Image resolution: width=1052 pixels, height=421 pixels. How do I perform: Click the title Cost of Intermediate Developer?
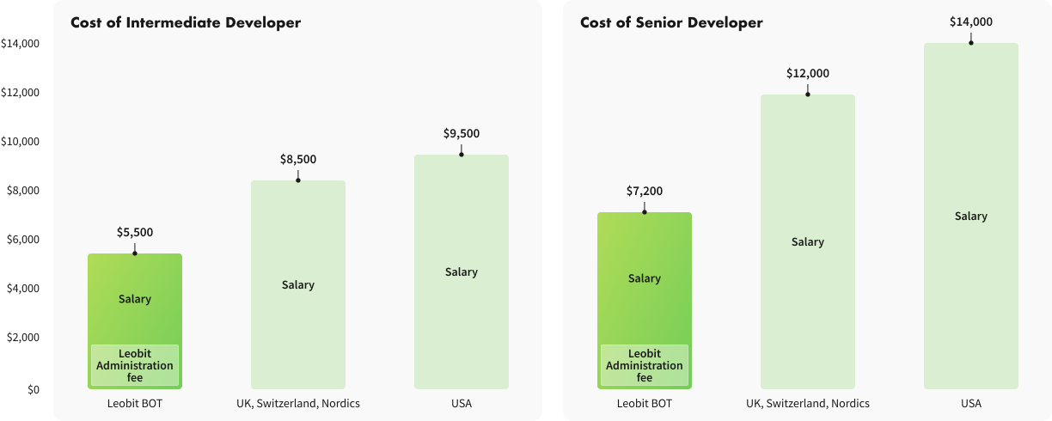pyautogui.click(x=186, y=23)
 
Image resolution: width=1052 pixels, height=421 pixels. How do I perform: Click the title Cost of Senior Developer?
pyautogui.click(x=671, y=23)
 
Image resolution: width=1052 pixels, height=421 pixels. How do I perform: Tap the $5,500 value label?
pyautogui.click(x=135, y=232)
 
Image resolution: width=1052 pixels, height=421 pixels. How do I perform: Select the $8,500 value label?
pyautogui.click(x=298, y=159)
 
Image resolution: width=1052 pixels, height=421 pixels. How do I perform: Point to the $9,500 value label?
pyautogui.click(x=462, y=133)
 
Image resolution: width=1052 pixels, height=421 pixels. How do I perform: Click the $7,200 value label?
pyautogui.click(x=645, y=191)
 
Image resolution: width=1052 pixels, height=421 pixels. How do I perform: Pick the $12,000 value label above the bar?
pyautogui.click(x=808, y=74)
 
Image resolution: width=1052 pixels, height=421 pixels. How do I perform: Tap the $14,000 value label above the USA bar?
pyautogui.click(x=971, y=22)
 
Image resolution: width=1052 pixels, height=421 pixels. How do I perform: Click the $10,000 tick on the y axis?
pyautogui.click(x=20, y=142)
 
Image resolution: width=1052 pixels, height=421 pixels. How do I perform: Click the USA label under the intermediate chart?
pyautogui.click(x=462, y=404)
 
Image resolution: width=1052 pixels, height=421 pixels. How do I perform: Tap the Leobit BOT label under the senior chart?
pyautogui.click(x=645, y=404)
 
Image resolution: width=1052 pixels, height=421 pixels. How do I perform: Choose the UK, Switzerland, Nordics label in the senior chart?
pyautogui.click(x=808, y=404)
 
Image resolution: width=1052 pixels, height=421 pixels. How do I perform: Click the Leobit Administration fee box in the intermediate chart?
pyautogui.click(x=135, y=365)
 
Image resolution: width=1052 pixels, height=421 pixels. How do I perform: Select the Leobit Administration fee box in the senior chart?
pyautogui.click(x=645, y=365)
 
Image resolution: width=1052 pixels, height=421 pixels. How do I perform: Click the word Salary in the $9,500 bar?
pyautogui.click(x=462, y=272)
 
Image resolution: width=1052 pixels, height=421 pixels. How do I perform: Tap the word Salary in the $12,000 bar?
pyautogui.click(x=808, y=242)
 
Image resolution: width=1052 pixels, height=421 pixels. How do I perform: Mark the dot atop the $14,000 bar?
pyautogui.click(x=971, y=42)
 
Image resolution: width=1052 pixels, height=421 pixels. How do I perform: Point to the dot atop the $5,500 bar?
pyautogui.click(x=135, y=253)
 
